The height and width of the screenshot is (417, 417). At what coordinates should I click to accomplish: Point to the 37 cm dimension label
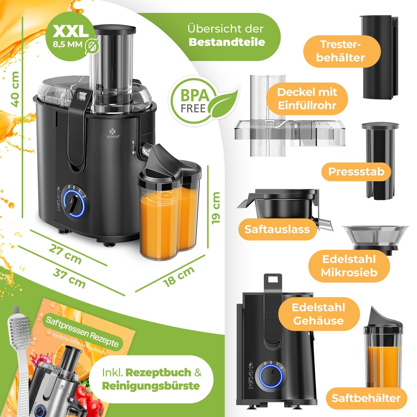point(69,279)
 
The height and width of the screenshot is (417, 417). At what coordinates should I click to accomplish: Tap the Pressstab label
point(356,172)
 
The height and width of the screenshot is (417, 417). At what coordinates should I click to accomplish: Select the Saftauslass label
point(277,229)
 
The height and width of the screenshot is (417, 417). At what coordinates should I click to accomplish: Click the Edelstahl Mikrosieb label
point(349,266)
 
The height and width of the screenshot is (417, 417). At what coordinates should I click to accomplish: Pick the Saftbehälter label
point(366,398)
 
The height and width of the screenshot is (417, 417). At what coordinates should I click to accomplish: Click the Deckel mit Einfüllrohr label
point(307,99)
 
